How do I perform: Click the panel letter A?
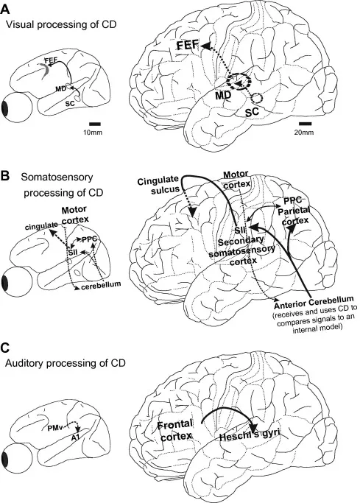click(x=5, y=9)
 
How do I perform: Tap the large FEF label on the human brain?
click(x=188, y=45)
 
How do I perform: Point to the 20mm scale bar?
click(x=306, y=124)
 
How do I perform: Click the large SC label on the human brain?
click(x=252, y=112)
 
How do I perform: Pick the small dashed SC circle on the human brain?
click(x=257, y=98)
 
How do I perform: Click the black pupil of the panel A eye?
click(x=5, y=108)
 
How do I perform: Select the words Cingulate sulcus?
click(x=158, y=185)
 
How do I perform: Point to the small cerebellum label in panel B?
click(x=101, y=284)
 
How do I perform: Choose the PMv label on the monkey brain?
click(x=53, y=428)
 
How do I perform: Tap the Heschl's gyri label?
click(x=250, y=436)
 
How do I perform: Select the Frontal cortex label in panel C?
click(x=174, y=430)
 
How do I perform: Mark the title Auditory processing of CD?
click(x=66, y=364)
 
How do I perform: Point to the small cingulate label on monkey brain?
click(x=40, y=226)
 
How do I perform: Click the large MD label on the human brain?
click(x=224, y=95)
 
